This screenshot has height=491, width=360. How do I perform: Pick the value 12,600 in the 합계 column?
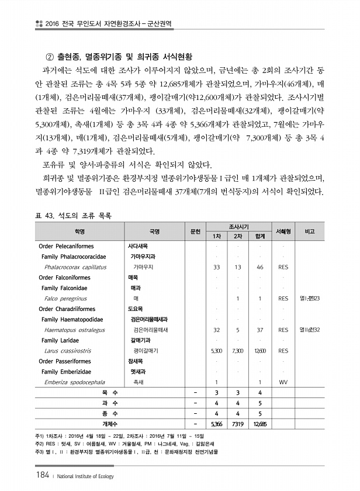tap(259, 351)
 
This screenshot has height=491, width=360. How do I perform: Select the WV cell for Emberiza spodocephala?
tap(283, 382)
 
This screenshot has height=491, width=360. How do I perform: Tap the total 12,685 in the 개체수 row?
tap(259, 424)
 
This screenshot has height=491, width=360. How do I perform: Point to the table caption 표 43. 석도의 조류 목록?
tap(72, 216)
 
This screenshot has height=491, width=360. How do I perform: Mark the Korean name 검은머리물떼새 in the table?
tap(150, 330)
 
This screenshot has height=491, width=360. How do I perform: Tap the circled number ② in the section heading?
tap(50, 56)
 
